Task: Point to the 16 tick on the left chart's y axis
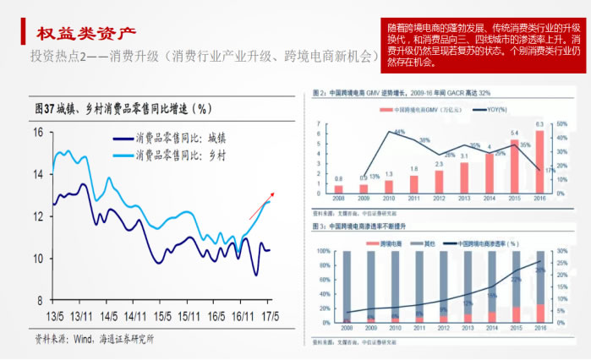pyautogui.click(x=37, y=132)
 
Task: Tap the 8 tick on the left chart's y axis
pyautogui.click(x=40, y=300)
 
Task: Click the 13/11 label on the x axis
pyautogui.click(x=81, y=315)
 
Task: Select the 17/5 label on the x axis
pyautogui.click(x=268, y=315)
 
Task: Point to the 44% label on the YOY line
pyautogui.click(x=400, y=132)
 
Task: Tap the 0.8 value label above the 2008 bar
pyautogui.click(x=338, y=178)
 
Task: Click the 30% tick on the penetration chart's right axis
pyautogui.click(x=561, y=252)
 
